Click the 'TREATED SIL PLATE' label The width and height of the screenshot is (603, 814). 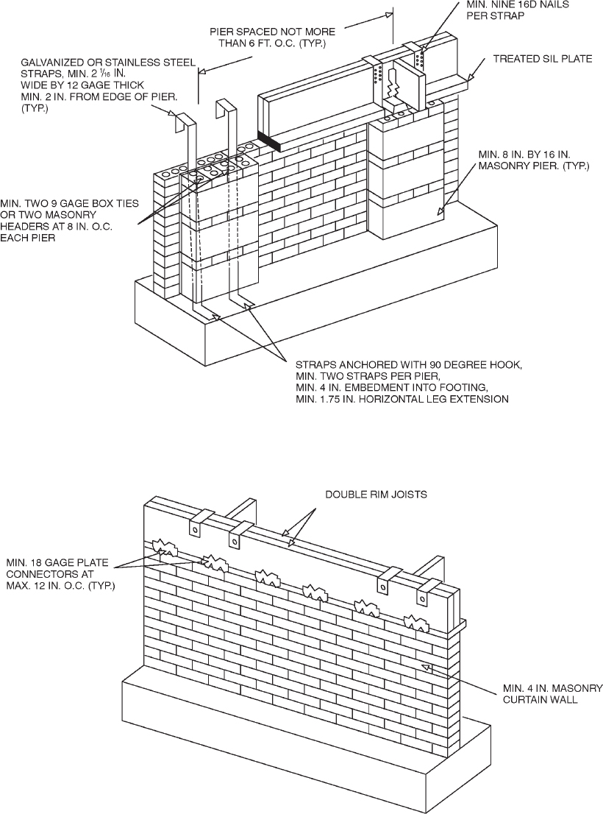coord(543,59)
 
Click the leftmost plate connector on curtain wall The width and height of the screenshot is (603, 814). coord(166,548)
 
